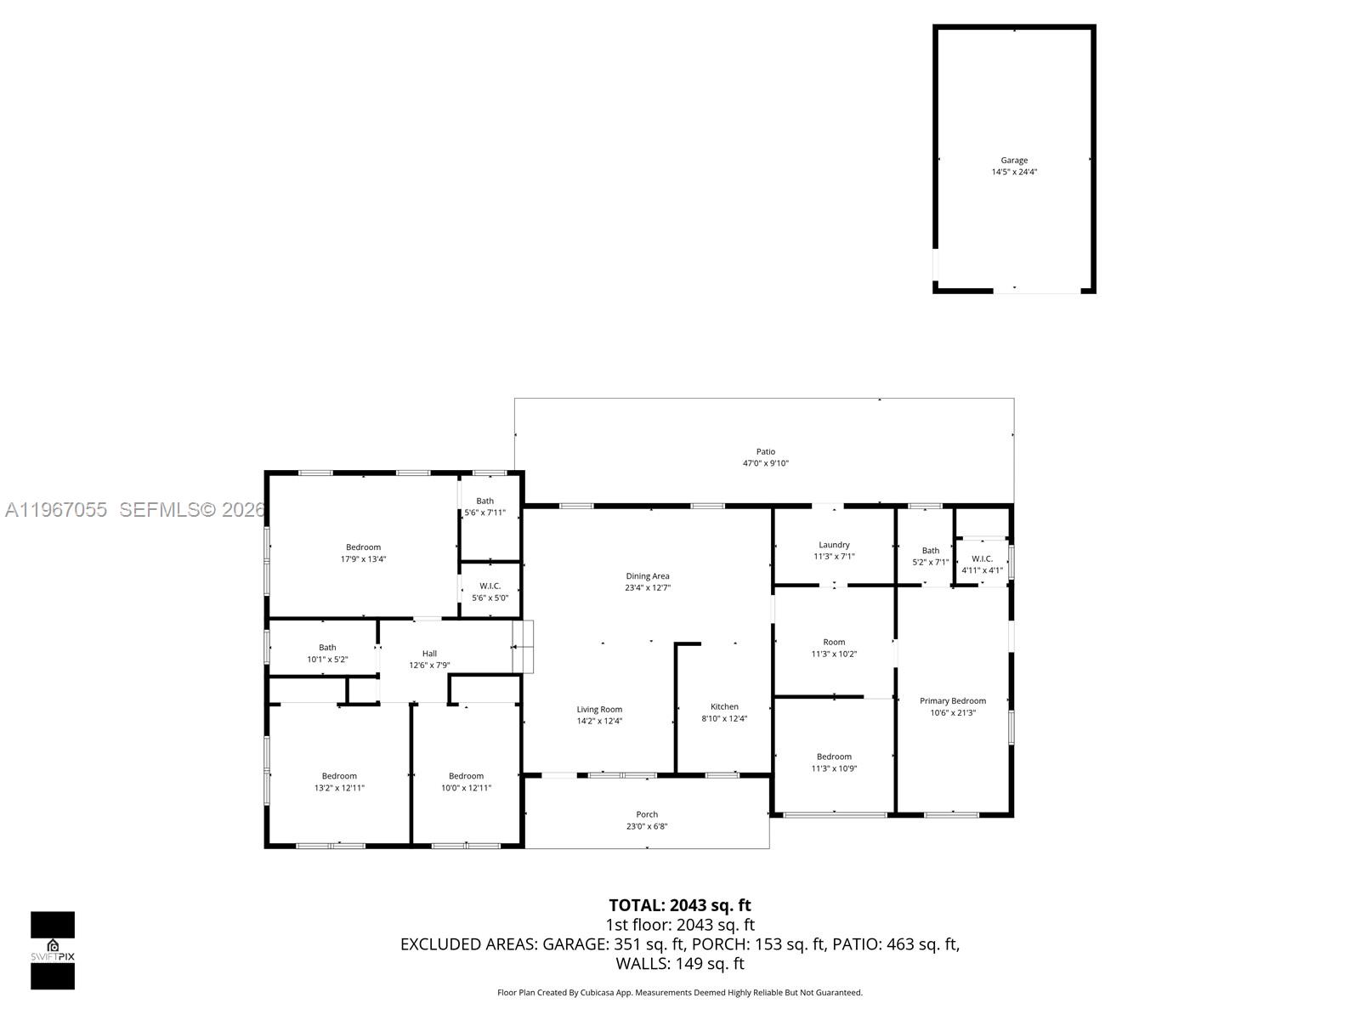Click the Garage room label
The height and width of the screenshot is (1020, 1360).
point(1014,160)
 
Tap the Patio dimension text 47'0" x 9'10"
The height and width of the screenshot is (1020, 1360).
point(766,463)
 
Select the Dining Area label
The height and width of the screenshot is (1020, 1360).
point(648,576)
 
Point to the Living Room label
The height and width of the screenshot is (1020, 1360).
point(599,710)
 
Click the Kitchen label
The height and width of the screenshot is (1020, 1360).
point(724,706)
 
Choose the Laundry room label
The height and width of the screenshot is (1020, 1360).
point(834,545)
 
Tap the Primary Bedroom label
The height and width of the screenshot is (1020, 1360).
point(952,701)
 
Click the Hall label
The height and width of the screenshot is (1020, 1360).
point(429,654)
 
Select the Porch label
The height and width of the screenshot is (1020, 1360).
point(647,814)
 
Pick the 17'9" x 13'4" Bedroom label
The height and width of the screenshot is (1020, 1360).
point(363,547)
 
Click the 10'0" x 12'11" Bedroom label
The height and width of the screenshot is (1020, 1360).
point(466,776)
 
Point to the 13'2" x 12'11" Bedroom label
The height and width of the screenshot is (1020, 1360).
point(339,776)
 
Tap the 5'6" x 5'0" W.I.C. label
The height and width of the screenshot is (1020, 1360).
point(490,586)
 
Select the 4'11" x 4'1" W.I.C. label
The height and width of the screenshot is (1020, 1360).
point(982,558)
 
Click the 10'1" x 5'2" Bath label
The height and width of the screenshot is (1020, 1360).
point(327,648)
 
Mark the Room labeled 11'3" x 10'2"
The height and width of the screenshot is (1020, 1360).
point(834,643)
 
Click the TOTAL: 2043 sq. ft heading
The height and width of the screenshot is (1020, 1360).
point(679,905)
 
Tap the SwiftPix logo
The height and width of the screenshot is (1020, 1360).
point(53,950)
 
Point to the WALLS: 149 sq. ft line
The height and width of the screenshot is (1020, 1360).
point(679,963)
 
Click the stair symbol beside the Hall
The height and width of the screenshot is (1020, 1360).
point(523,647)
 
